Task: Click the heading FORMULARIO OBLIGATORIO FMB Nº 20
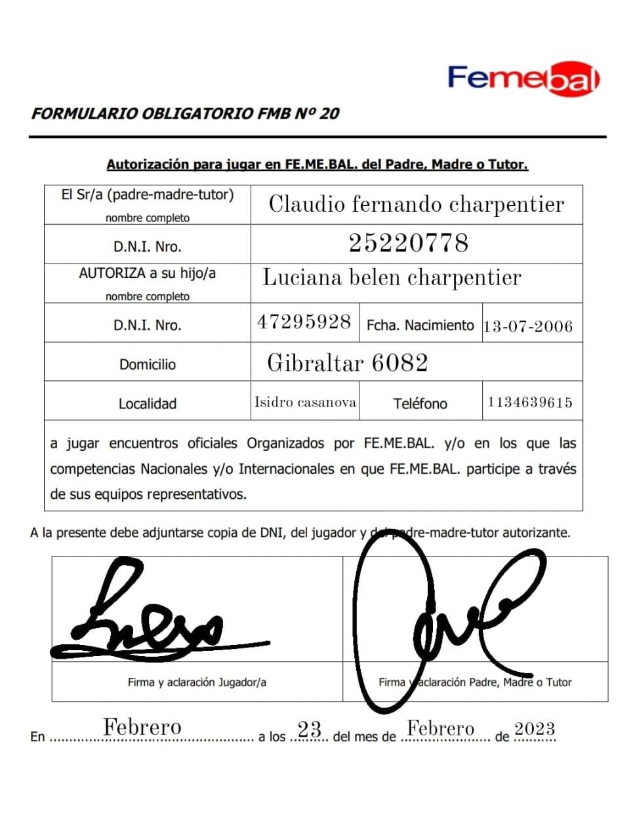click(185, 113)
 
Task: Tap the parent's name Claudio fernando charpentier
click(416, 205)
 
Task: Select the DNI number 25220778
click(408, 243)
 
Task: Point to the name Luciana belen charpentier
click(392, 278)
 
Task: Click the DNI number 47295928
click(304, 322)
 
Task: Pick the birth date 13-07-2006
click(527, 326)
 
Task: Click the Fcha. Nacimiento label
click(420, 325)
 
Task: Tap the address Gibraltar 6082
click(347, 362)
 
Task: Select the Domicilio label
click(147, 364)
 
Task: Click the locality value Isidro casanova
click(305, 402)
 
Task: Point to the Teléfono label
click(420, 404)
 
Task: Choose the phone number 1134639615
click(529, 402)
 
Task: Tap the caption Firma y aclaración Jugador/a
click(197, 682)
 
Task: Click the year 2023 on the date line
click(534, 729)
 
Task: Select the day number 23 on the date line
click(309, 729)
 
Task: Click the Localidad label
click(147, 404)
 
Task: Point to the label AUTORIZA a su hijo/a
click(147, 273)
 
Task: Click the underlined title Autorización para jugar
click(317, 165)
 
